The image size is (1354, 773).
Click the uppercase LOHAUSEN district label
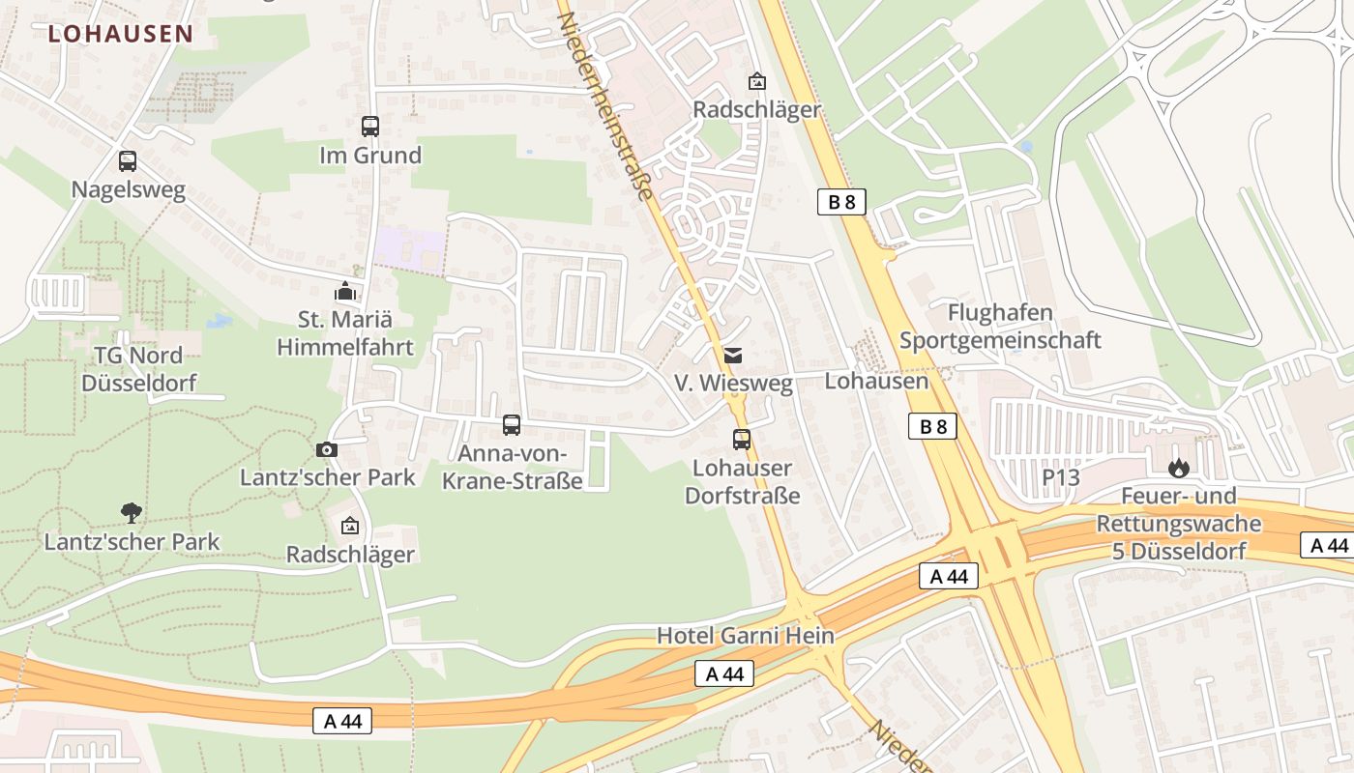(120, 34)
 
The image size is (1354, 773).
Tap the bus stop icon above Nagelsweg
(128, 161)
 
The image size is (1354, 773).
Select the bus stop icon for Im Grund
(370, 126)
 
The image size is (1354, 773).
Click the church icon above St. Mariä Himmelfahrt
(345, 290)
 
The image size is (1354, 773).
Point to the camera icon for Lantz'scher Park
(327, 449)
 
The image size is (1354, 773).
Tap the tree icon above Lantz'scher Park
(131, 512)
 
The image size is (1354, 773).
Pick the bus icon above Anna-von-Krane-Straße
(512, 424)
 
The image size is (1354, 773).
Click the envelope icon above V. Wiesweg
(733, 355)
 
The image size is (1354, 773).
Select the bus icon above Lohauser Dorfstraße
(742, 440)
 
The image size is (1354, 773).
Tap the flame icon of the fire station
(1178, 469)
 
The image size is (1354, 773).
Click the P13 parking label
(1060, 477)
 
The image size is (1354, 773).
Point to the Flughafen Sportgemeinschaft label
(1000, 327)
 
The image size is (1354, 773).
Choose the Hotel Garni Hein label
(745, 636)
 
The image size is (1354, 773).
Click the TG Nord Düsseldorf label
(138, 369)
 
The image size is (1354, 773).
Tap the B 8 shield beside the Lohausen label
(932, 426)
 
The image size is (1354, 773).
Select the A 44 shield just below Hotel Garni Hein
(724, 673)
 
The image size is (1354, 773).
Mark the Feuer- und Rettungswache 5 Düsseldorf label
(1178, 524)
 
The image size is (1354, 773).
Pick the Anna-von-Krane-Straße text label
(512, 468)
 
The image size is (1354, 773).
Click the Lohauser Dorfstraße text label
(743, 482)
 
